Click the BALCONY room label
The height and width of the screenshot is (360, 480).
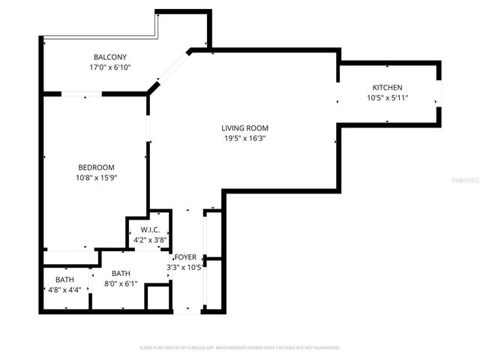[x=109, y=57]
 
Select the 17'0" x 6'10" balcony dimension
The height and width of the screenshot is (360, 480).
[x=109, y=67]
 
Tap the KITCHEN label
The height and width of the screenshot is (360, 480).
[x=387, y=88]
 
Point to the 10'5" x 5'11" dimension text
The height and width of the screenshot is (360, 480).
[x=387, y=97]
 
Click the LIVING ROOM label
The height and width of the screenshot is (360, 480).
[x=244, y=127]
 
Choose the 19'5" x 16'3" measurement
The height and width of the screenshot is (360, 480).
[x=244, y=138]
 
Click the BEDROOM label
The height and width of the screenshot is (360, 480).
[x=96, y=167]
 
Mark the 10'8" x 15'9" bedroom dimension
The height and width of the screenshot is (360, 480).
[x=96, y=178]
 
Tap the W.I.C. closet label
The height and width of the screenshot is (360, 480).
[x=149, y=229]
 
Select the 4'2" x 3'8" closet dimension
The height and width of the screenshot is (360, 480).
[x=149, y=240]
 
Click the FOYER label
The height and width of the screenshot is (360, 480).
[x=184, y=257]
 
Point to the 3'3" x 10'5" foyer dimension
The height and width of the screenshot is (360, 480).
[x=184, y=267]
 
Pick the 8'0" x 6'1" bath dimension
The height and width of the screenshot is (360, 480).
[x=120, y=283]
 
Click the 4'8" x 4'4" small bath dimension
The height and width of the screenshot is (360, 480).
[x=63, y=289]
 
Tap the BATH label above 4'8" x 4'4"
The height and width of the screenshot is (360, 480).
[x=63, y=280]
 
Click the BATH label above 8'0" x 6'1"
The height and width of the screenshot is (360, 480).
[x=120, y=274]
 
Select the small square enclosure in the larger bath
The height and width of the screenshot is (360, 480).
[x=157, y=296]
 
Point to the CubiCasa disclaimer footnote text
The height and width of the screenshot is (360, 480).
[x=240, y=347]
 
